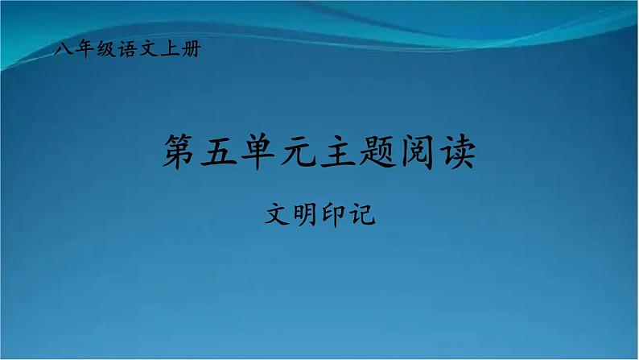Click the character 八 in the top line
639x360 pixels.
pos(64,50)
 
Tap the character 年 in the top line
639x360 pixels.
pos(85,50)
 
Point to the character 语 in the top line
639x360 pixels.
pos(127,50)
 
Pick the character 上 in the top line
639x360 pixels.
pos(169,50)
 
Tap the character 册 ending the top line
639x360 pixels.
pos(190,50)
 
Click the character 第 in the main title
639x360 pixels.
pos(182,152)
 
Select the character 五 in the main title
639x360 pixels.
pos(221,152)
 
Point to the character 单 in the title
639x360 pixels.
pos(261,152)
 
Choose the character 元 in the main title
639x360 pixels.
pos(300,152)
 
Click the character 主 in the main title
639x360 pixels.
pos(340,152)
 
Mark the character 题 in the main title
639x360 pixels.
pos(379,152)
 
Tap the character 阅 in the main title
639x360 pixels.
pos(418,152)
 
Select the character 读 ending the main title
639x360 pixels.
pos(457,152)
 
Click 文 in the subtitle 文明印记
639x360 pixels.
pos(278,214)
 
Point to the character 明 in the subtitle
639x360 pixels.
pos(306,214)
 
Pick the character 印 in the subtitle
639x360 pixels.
pos(334,214)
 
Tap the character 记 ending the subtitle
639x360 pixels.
pos(362,214)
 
